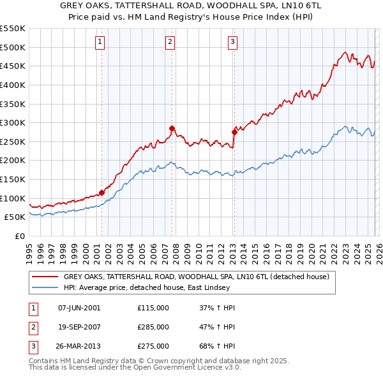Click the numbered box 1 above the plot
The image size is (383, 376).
pyautogui.click(x=101, y=43)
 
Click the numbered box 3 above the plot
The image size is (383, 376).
pyautogui.click(x=233, y=43)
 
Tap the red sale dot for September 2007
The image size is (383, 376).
pyautogui.click(x=172, y=128)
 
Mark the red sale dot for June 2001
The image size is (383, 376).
pyautogui.click(x=101, y=192)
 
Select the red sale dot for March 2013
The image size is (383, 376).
pyautogui.click(x=234, y=132)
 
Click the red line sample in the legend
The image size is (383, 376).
pyautogui.click(x=45, y=277)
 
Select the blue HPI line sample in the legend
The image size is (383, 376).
pyautogui.click(x=45, y=287)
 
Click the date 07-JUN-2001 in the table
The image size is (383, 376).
pyautogui.click(x=79, y=308)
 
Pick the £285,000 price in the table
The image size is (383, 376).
pyautogui.click(x=153, y=327)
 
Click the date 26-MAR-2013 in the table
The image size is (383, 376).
pyautogui.click(x=79, y=346)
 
